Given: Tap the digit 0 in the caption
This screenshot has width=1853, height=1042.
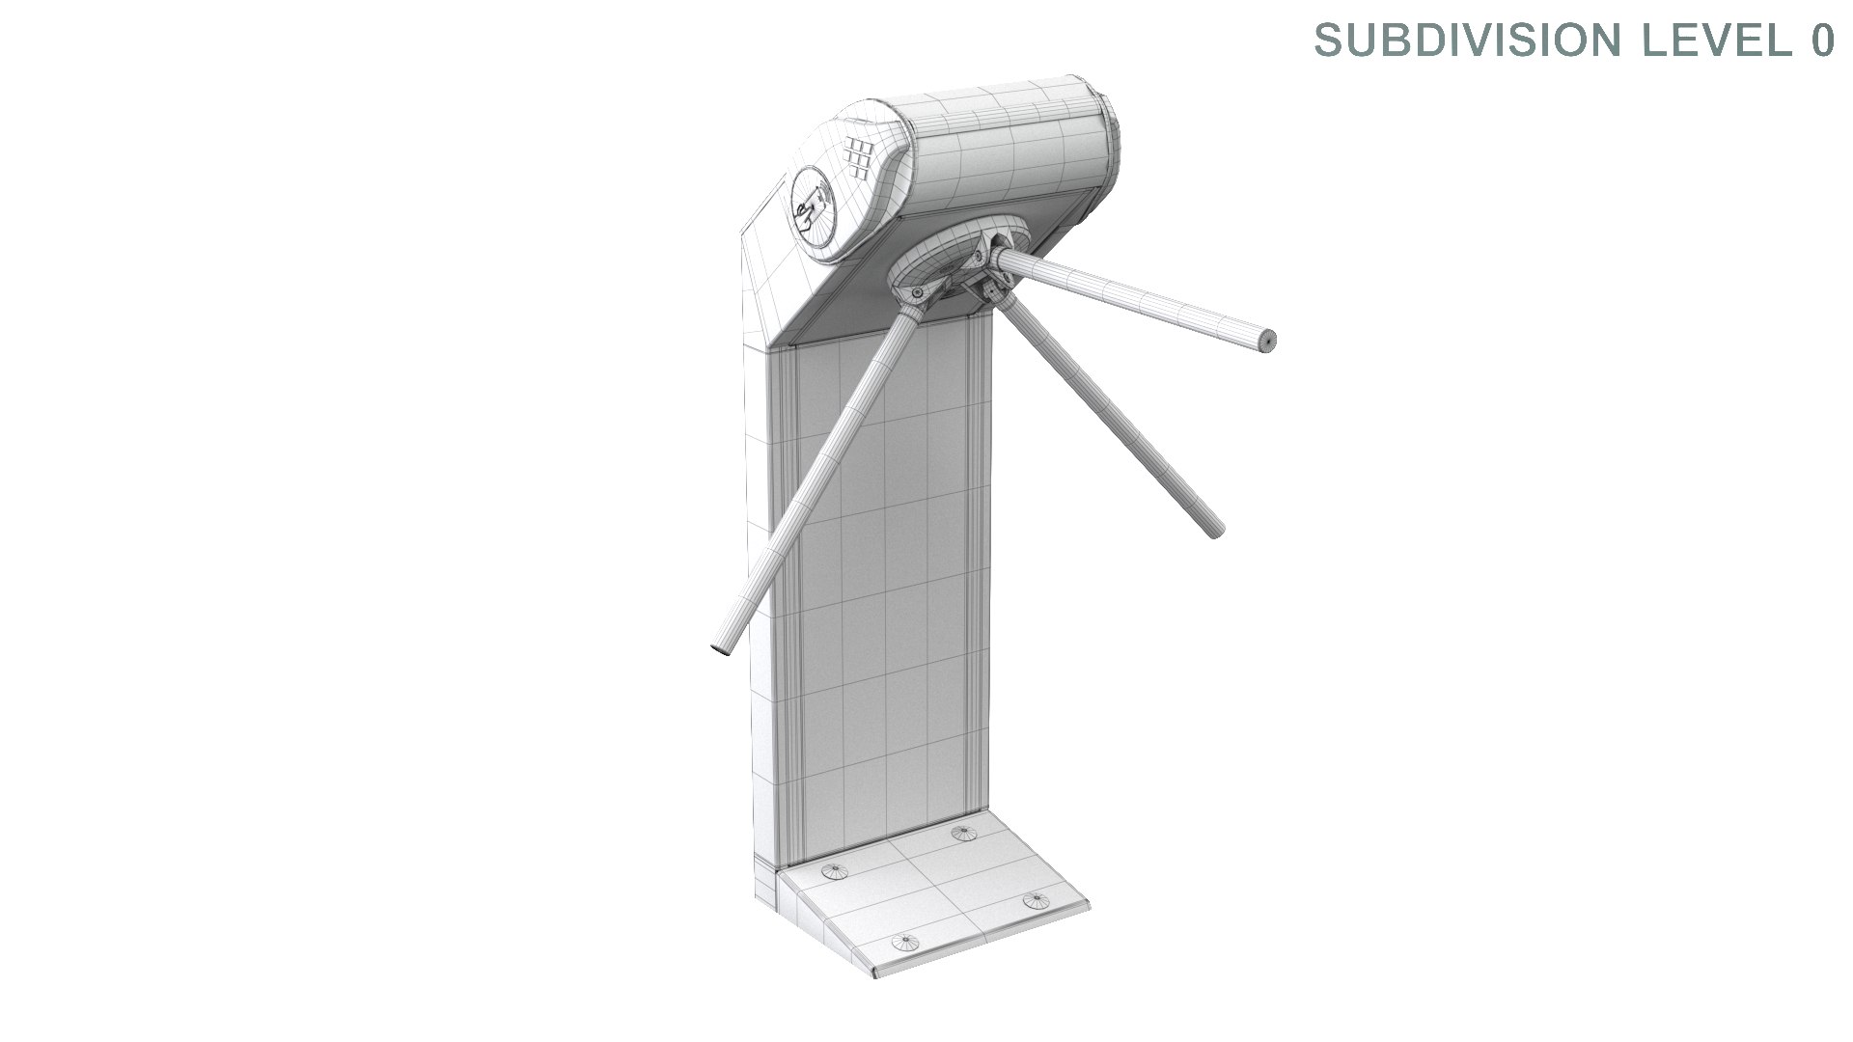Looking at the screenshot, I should click(1821, 41).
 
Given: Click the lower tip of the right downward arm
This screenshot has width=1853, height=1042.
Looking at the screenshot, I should click(1214, 529).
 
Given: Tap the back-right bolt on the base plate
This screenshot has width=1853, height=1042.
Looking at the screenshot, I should click(963, 832).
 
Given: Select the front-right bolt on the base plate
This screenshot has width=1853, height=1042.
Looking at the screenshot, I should click(1037, 900).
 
